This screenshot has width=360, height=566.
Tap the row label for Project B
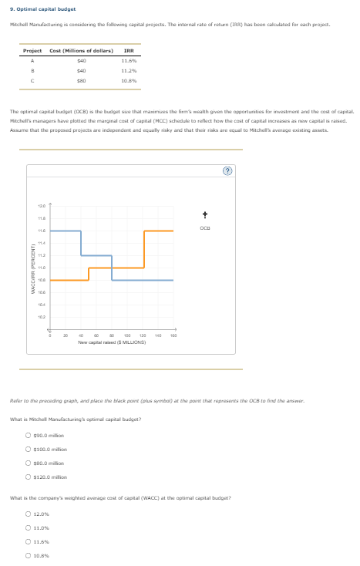click(33, 69)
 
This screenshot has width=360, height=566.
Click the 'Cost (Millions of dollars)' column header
click(82, 51)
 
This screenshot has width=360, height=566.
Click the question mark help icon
click(311, 171)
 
